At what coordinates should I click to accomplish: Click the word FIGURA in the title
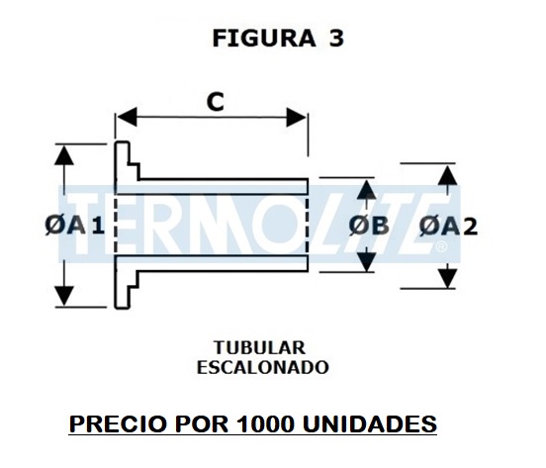click(x=264, y=38)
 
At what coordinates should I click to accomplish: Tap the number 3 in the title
click(x=336, y=38)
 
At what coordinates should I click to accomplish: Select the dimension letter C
click(x=216, y=102)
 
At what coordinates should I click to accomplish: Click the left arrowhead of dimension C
click(x=127, y=117)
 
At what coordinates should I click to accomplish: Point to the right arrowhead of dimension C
click(x=297, y=117)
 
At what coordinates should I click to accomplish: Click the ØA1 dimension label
click(x=75, y=226)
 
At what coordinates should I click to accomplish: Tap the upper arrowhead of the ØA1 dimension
click(x=64, y=155)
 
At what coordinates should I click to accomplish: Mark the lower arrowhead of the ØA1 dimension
click(x=64, y=296)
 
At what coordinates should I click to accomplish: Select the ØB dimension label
click(x=369, y=226)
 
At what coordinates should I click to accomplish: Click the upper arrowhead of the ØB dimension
click(x=366, y=189)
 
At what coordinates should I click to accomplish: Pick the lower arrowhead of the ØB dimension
click(x=366, y=261)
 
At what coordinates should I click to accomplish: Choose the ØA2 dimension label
click(x=448, y=226)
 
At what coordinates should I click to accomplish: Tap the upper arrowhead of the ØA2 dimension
click(x=447, y=175)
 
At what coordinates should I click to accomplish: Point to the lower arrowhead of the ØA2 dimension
click(x=447, y=277)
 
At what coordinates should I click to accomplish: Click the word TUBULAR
click(x=260, y=347)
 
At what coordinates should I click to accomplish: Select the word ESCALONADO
click(x=263, y=367)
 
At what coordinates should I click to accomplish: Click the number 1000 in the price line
click(x=265, y=423)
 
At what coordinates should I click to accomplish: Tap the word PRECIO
click(x=117, y=423)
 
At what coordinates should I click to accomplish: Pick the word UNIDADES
click(x=370, y=423)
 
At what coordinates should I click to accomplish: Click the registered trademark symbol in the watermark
click(x=441, y=246)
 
